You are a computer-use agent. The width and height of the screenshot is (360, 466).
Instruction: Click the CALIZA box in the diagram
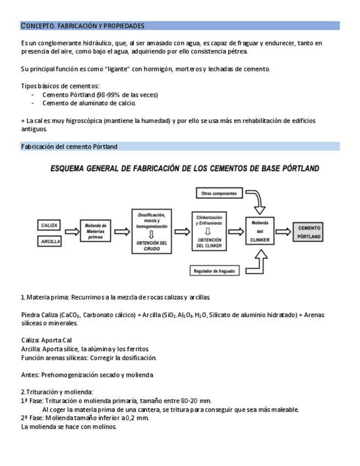coord(50,225)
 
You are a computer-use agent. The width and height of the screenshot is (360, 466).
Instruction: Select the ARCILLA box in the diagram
coord(50,241)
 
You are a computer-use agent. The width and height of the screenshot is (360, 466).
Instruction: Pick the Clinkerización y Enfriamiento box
coord(209,231)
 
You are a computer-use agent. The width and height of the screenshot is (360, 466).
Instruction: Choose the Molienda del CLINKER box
coord(259,231)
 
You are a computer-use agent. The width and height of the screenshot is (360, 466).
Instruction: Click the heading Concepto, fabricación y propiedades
coord(83,26)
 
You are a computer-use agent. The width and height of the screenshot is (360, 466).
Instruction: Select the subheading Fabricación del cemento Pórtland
coord(69,147)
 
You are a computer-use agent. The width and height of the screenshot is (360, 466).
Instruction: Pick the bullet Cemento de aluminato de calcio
coord(89,103)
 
